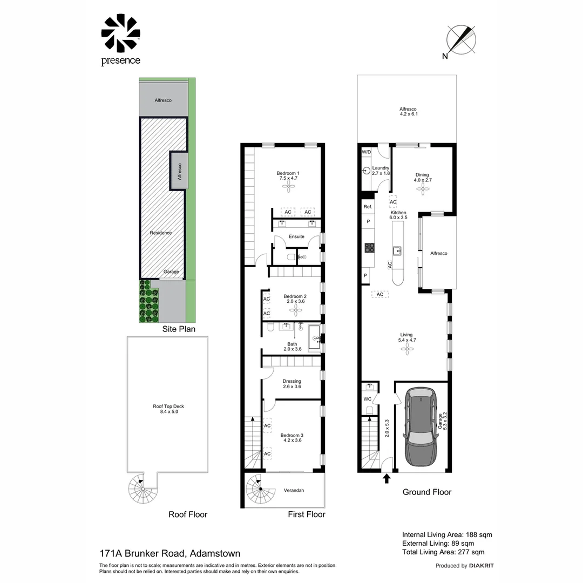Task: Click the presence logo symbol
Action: pyautogui.click(x=120, y=33)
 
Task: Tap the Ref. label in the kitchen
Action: pyautogui.click(x=368, y=207)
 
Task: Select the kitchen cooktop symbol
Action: pyautogui.click(x=370, y=248)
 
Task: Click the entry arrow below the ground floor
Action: pyautogui.click(x=387, y=478)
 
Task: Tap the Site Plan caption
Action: pyautogui.click(x=179, y=329)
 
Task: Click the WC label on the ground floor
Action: pyautogui.click(x=368, y=399)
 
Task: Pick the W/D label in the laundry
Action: pyautogui.click(x=367, y=152)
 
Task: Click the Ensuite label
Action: pyautogui.click(x=296, y=236)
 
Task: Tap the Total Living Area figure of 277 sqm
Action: pyautogui.click(x=443, y=552)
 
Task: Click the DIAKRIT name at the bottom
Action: pyautogui.click(x=482, y=566)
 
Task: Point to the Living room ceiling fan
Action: pyautogui.click(x=405, y=350)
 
